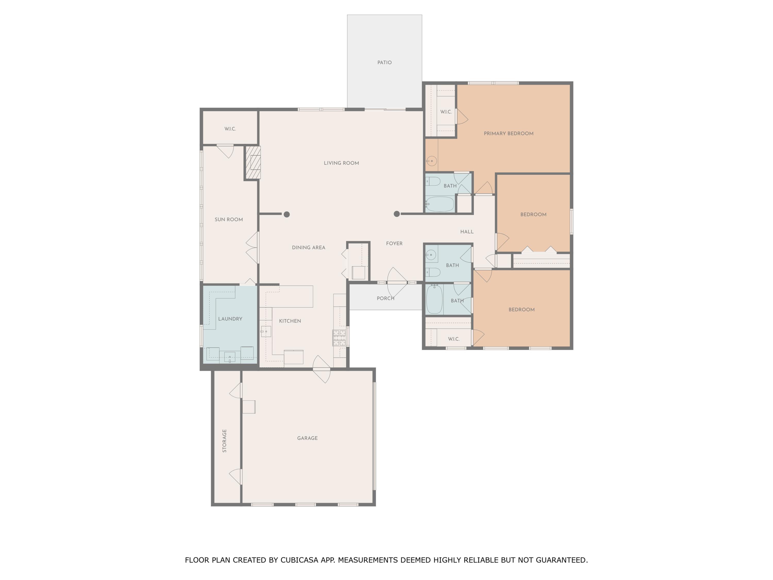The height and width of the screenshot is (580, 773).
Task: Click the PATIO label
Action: tap(384, 63)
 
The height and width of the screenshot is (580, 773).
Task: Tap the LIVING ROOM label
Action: tap(341, 163)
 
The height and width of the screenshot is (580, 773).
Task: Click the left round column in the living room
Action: tap(287, 214)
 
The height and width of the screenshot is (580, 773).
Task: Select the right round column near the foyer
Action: tap(397, 214)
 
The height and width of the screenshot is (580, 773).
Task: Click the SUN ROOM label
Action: tap(229, 220)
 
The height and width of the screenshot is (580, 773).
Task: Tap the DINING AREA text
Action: tap(309, 247)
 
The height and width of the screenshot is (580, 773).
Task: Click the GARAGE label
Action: tap(307, 438)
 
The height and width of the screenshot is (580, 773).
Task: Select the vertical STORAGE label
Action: tap(224, 441)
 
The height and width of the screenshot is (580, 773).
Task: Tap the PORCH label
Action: tap(385, 298)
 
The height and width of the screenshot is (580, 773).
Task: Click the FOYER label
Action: tap(394, 243)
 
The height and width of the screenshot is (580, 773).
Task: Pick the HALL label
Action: tap(467, 231)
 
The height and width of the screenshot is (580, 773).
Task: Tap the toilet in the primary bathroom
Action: tap(433, 181)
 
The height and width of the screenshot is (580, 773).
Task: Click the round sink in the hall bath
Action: tap(431, 255)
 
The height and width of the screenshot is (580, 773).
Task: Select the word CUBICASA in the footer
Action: tap(299, 560)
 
